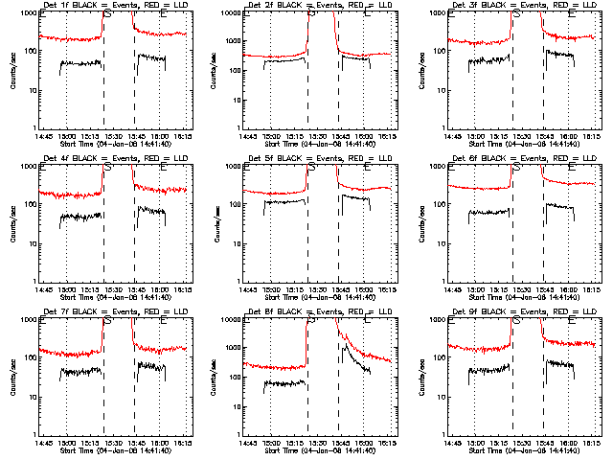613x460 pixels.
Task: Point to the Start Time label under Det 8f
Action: [321, 449]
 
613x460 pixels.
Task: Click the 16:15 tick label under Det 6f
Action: [591, 288]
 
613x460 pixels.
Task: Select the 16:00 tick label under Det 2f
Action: [363, 135]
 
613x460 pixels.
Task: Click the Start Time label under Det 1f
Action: [116, 143]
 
